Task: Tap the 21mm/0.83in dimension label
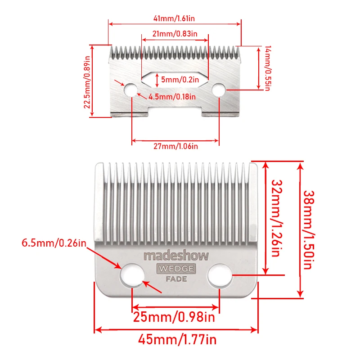point(175,34)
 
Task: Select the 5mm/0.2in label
point(175,80)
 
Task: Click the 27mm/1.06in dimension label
point(175,146)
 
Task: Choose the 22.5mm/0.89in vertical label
point(87,81)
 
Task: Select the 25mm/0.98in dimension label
point(174,317)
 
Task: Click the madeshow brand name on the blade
point(176,256)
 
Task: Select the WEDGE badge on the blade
point(176,269)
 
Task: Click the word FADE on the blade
point(176,279)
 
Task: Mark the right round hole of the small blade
point(219,90)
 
